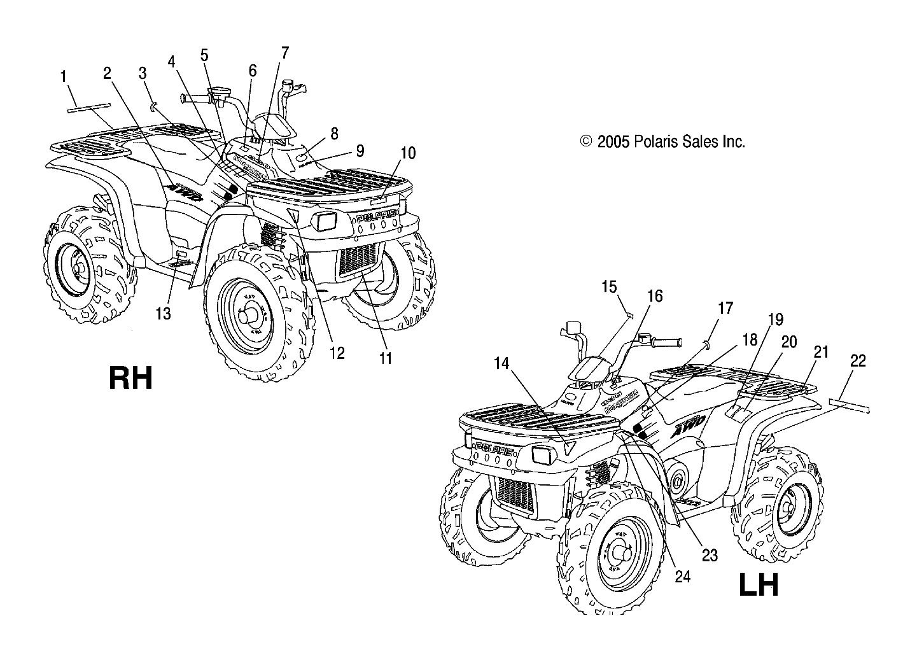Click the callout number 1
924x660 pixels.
64,77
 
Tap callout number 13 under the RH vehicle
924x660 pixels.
164,314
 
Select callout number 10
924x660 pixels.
408,153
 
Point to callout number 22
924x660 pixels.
858,361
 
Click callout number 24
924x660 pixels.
682,577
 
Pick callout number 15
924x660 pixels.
609,287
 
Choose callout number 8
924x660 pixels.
334,134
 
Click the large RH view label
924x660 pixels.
130,378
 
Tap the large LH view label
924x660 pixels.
759,585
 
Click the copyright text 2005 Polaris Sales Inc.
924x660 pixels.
662,142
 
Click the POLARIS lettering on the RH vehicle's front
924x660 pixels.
377,217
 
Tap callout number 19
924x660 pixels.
776,320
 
